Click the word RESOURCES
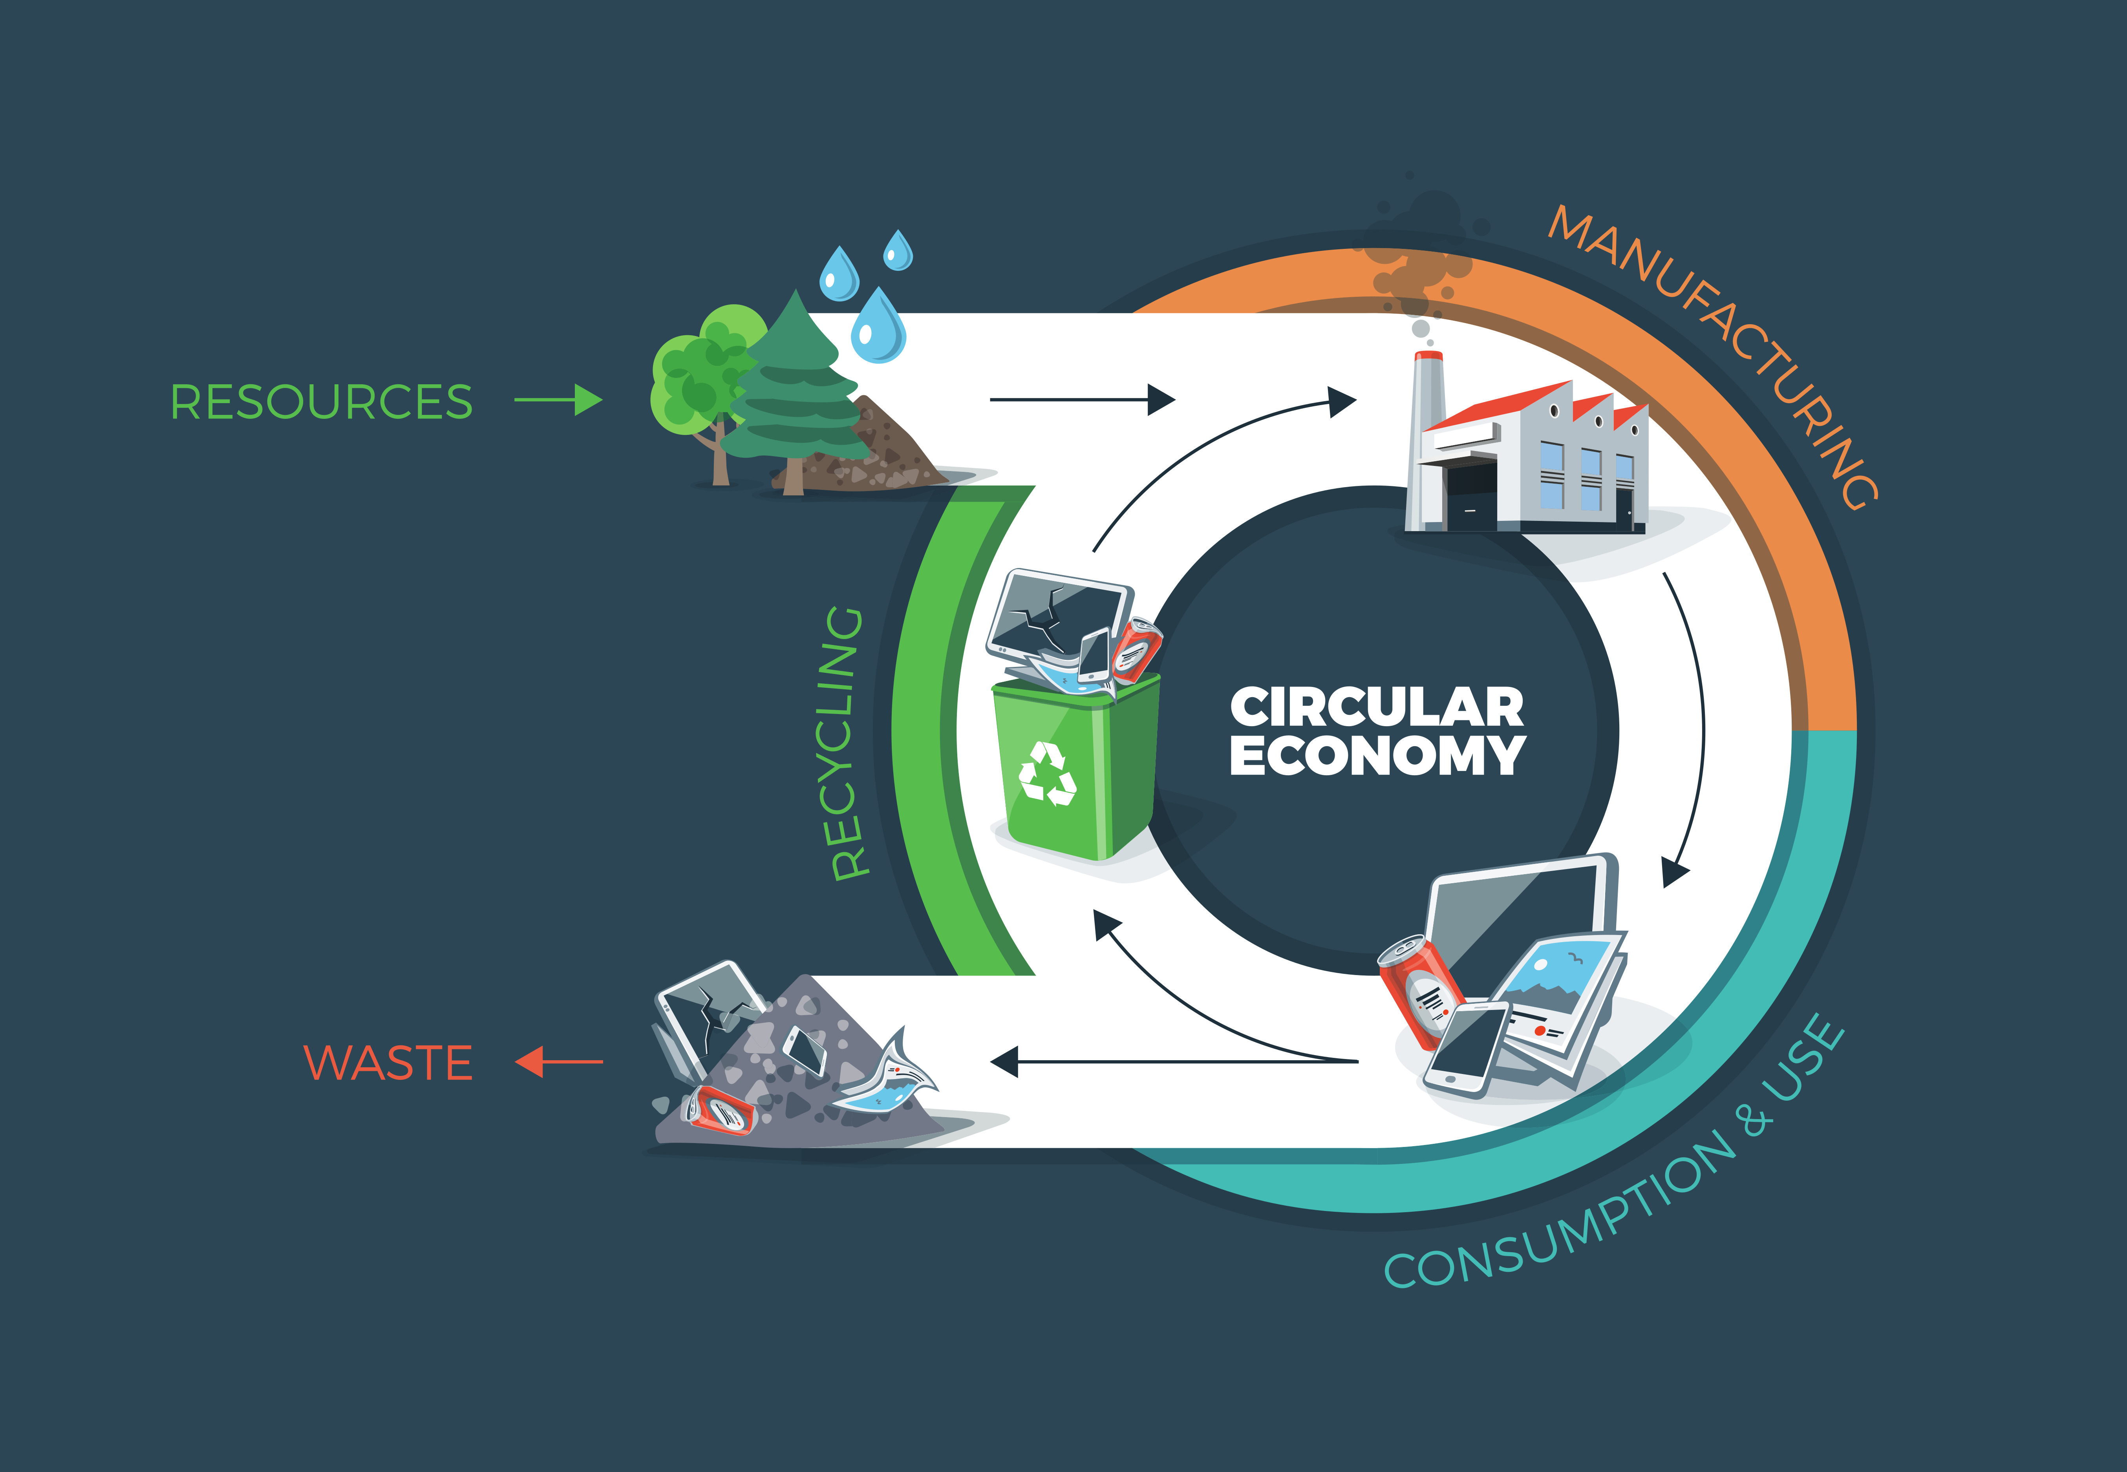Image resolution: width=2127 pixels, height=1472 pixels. coord(321,402)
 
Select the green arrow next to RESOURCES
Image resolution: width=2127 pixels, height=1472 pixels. coord(558,400)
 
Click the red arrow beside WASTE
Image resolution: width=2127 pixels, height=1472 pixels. coord(558,1061)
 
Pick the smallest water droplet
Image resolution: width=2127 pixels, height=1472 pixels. coord(898,251)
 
